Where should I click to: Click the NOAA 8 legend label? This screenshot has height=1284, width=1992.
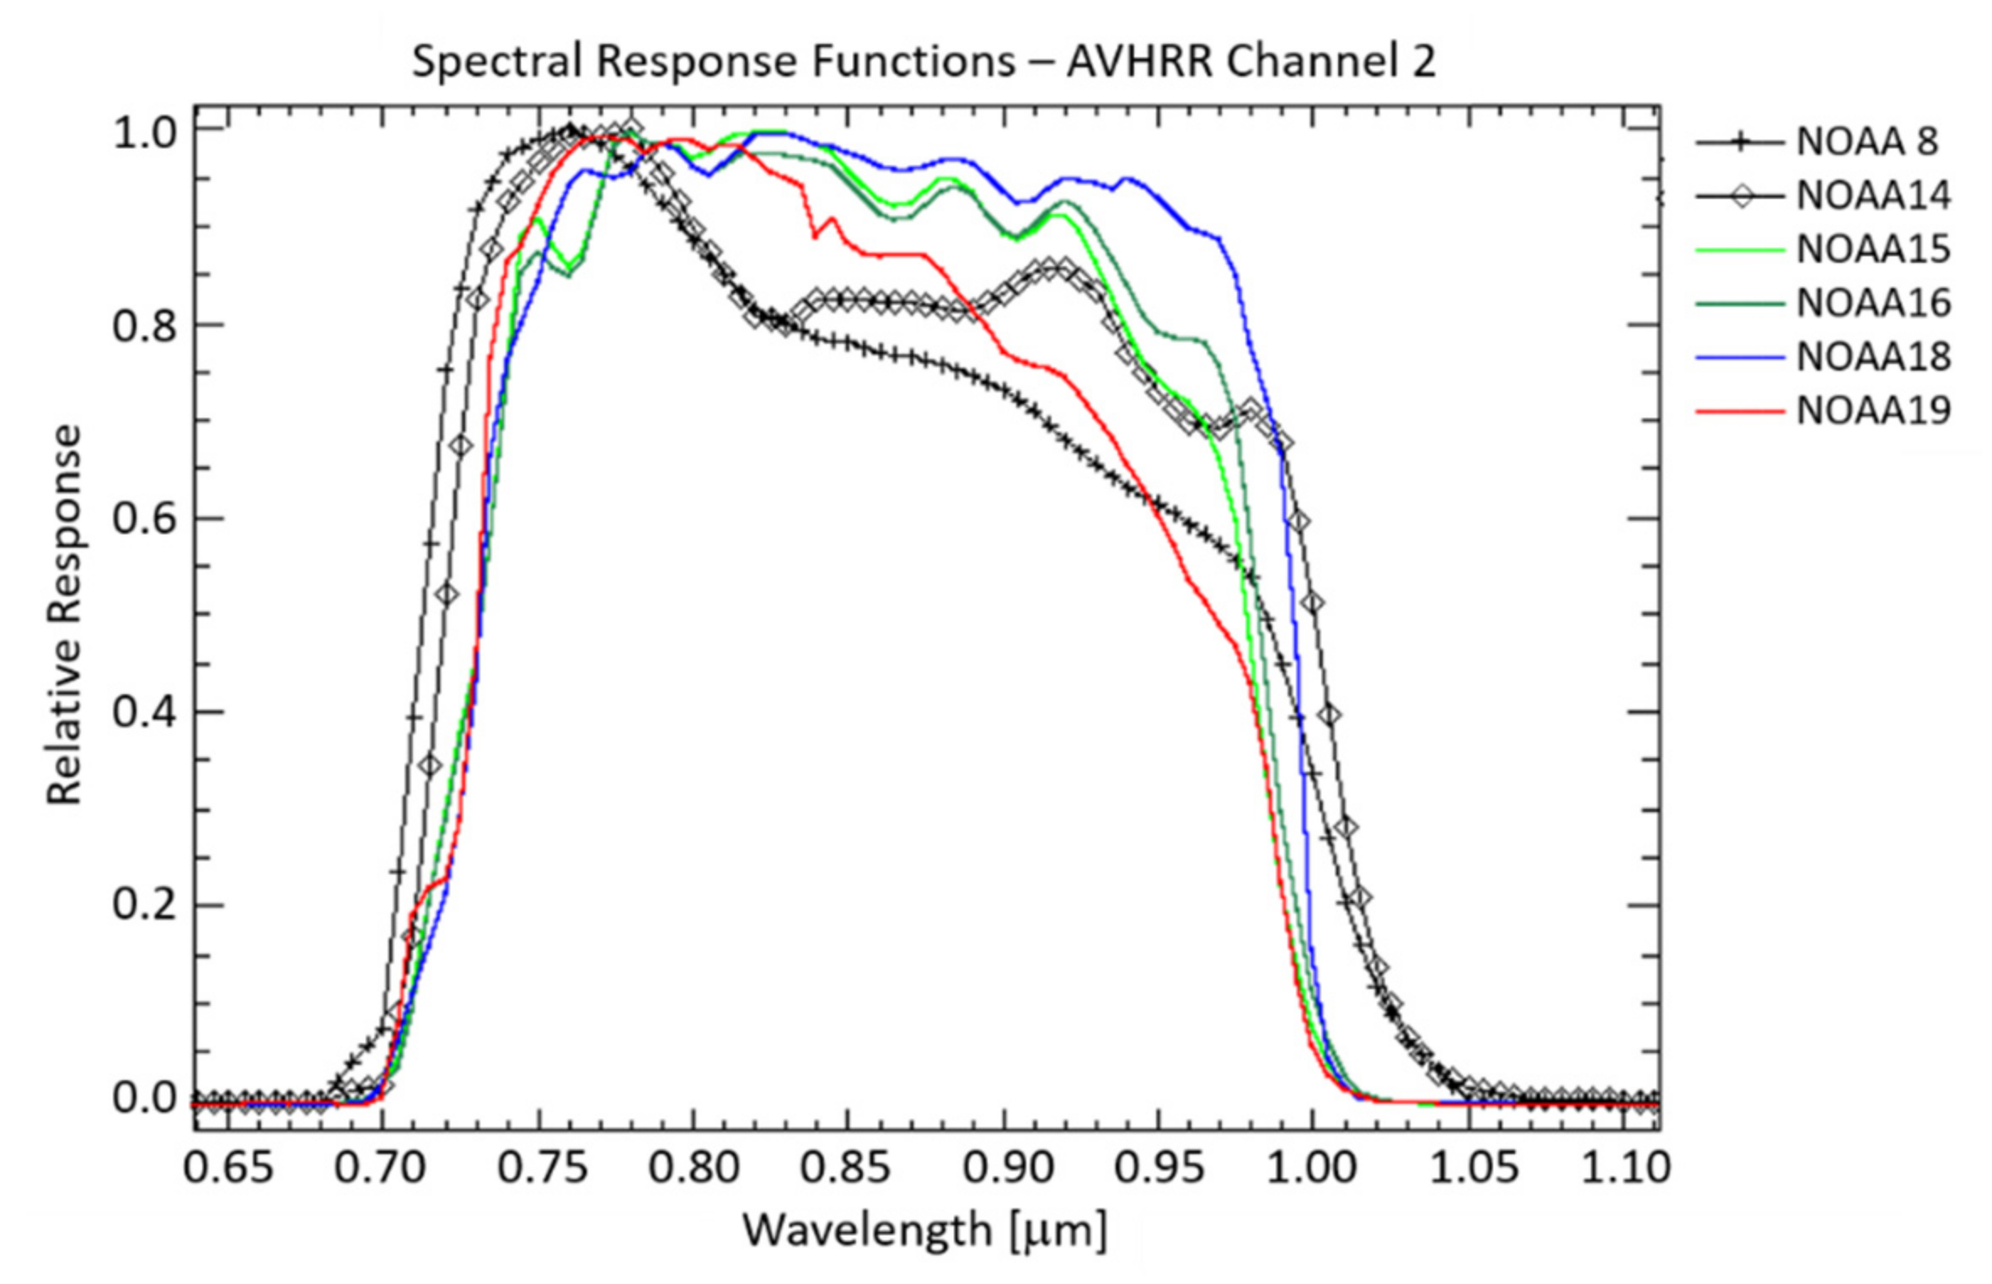coord(1866,142)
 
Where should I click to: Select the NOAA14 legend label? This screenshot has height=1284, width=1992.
coord(1873,196)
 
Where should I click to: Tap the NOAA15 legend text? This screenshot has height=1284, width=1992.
coord(1873,249)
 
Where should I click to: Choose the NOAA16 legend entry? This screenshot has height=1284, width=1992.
coord(1873,303)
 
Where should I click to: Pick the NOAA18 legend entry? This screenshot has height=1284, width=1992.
coord(1873,357)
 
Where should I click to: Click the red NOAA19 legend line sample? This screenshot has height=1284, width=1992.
coord(1739,412)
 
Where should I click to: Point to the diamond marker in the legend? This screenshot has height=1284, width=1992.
coord(1739,196)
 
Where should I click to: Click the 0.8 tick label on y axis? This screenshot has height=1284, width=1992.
coord(145,326)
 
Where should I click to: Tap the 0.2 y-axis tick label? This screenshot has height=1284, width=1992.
coord(145,906)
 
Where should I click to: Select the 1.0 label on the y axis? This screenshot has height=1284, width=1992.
coord(145,133)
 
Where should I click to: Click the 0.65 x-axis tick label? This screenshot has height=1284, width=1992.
coord(228,1168)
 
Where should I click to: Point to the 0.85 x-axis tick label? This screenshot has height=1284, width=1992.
coord(845,1168)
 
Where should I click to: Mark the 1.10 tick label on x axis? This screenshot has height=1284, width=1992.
coord(1625,1168)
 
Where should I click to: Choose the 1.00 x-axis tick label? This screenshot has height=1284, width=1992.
coord(1312,1168)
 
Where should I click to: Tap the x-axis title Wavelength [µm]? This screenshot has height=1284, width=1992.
coord(924,1231)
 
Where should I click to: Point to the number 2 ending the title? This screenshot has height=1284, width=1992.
coord(1423,62)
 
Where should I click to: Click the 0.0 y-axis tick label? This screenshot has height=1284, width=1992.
coord(145,1099)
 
